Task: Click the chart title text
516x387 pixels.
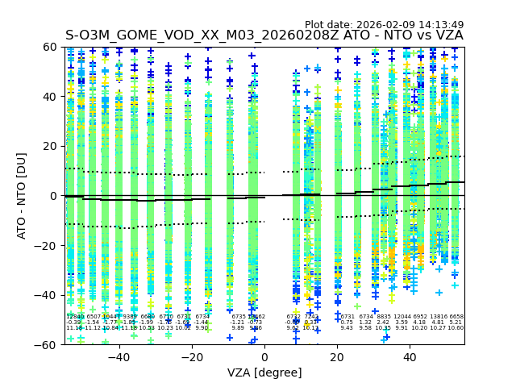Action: click(x=264, y=35)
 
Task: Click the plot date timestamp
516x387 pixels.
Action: click(x=384, y=25)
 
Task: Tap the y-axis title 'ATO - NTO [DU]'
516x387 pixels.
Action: click(x=23, y=195)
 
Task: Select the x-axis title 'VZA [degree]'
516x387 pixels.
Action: click(x=264, y=372)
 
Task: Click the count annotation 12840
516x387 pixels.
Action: click(x=74, y=317)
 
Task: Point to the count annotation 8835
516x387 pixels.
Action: click(x=384, y=317)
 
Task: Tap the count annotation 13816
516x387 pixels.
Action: click(x=439, y=317)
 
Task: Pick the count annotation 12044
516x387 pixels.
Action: click(x=402, y=317)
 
